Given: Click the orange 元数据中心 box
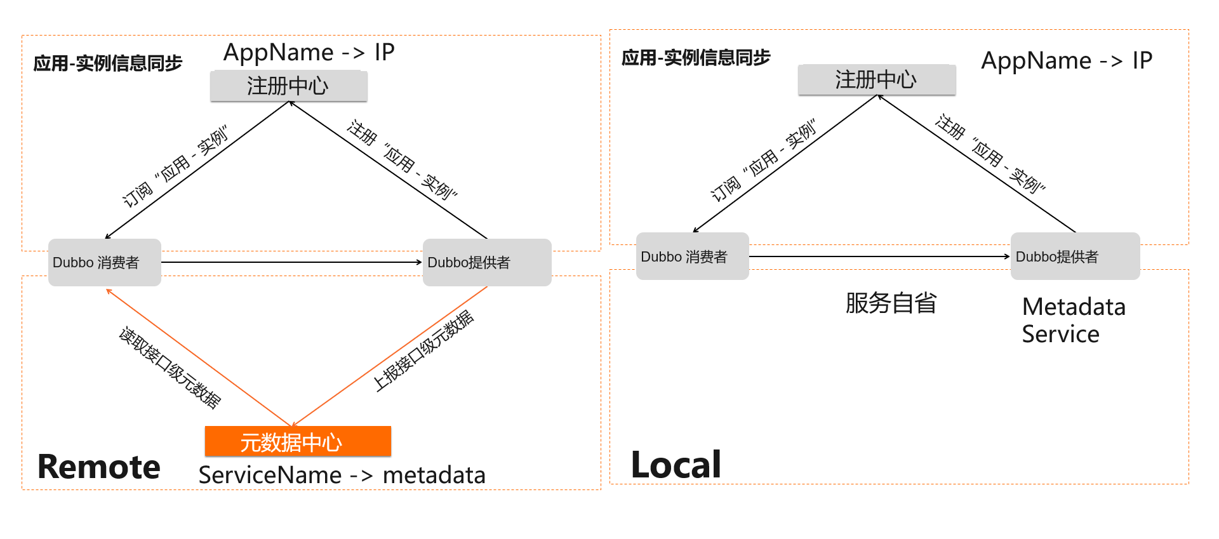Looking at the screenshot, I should click(298, 441).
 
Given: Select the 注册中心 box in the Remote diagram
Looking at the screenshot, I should click(289, 86).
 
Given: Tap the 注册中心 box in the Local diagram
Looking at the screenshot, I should click(877, 80).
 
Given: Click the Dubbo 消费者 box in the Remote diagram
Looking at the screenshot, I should click(105, 262).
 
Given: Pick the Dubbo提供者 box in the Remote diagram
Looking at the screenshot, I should click(486, 262).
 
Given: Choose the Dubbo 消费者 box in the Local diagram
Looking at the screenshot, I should click(692, 256).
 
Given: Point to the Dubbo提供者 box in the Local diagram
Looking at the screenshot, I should click(1075, 256).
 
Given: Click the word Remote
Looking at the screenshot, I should click(99, 467).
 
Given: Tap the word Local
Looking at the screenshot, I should click(676, 465).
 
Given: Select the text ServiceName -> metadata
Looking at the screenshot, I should click(342, 475).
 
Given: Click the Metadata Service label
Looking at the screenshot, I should click(1073, 320).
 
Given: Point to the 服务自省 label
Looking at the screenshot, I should click(891, 303).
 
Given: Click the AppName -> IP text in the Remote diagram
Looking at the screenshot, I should click(309, 52).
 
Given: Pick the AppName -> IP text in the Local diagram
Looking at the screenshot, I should click(1067, 60).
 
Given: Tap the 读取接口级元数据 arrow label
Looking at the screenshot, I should click(170, 368).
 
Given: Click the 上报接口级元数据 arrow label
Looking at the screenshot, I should click(423, 350).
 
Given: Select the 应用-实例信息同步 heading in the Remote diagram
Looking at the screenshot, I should click(108, 63).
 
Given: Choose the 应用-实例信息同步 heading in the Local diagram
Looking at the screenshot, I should click(696, 58).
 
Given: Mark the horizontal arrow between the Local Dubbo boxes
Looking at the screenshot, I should click(879, 256).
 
